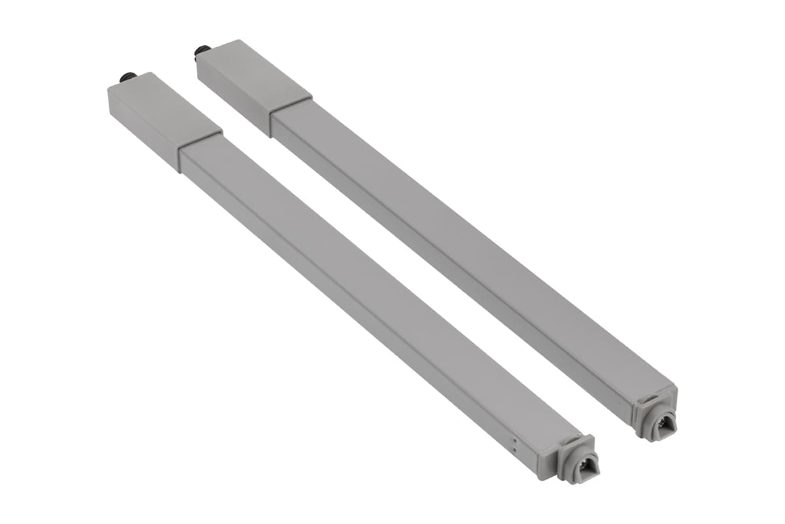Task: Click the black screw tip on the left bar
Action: coord(127,77)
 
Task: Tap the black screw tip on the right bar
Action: coord(202,50)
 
